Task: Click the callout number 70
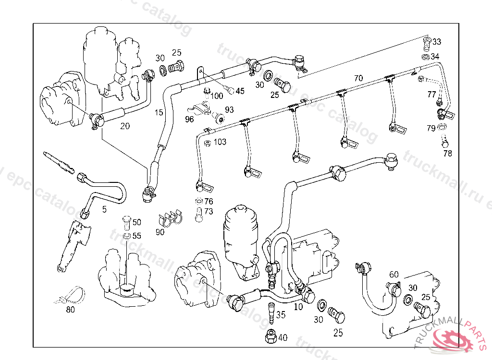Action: [358, 78]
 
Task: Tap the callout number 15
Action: [159, 113]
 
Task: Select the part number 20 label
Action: [125, 126]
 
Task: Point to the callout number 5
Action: [104, 209]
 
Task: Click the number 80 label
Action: [71, 310]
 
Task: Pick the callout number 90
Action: [160, 232]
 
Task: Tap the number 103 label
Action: [220, 142]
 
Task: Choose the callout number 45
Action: [240, 91]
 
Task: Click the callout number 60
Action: [394, 275]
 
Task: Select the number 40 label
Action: [283, 338]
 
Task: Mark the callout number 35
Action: [281, 315]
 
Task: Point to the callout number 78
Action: [448, 154]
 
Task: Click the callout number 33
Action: [436, 41]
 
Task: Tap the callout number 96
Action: [189, 119]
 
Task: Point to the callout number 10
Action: [298, 306]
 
